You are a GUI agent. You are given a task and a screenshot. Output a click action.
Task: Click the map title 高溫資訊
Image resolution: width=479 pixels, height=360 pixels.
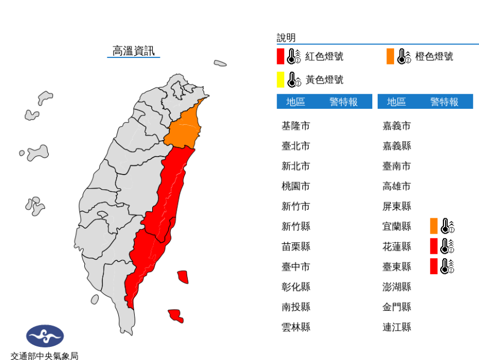134,51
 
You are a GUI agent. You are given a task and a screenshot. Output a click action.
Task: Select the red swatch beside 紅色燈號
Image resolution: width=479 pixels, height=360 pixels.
280,56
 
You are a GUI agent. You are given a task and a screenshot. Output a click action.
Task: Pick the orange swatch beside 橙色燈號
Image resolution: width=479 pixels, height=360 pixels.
390,56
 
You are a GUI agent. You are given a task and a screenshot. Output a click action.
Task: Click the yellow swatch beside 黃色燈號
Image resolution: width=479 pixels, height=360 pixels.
280,80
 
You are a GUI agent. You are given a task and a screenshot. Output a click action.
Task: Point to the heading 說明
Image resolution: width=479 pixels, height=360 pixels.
286,38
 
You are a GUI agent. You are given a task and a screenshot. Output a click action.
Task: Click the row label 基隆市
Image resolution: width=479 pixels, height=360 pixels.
296,126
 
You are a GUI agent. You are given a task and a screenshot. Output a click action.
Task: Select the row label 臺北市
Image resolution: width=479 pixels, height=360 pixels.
296,146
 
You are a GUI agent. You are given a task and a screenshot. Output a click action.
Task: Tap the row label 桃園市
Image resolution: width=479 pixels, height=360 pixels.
296,186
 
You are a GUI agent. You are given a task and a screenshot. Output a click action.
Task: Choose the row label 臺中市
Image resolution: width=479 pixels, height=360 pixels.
296,266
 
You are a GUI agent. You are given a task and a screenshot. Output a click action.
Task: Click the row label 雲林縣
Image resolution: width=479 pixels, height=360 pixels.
296,327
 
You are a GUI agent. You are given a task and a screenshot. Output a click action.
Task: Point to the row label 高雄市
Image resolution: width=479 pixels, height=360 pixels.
396,186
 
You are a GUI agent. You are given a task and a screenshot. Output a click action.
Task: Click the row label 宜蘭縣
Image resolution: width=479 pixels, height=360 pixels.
396,227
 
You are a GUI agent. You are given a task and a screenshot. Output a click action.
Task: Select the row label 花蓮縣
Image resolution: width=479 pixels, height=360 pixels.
396,246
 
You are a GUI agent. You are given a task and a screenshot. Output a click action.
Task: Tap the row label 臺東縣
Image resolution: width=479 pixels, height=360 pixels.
396,266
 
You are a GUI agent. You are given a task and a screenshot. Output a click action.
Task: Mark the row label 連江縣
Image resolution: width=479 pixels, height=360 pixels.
396,327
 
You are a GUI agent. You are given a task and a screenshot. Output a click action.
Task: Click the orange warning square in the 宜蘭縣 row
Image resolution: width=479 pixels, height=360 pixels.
434,226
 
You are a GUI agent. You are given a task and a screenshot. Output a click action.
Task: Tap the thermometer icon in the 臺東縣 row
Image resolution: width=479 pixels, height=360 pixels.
448,266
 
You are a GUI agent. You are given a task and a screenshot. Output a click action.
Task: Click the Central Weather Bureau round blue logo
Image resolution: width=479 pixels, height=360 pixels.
45,336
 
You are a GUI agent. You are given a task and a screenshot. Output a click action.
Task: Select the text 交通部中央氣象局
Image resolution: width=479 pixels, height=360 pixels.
45,356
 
